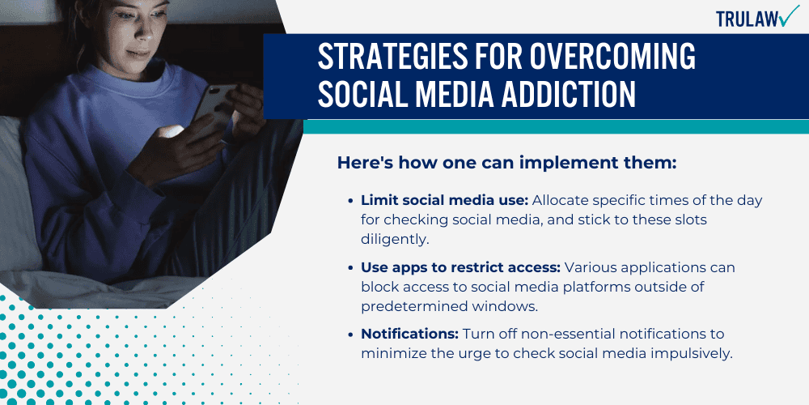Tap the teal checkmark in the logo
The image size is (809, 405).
tap(789, 16)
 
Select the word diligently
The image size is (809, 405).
tap(395, 240)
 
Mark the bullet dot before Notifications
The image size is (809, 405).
tap(350, 335)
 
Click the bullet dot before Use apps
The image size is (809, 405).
tap(350, 267)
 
